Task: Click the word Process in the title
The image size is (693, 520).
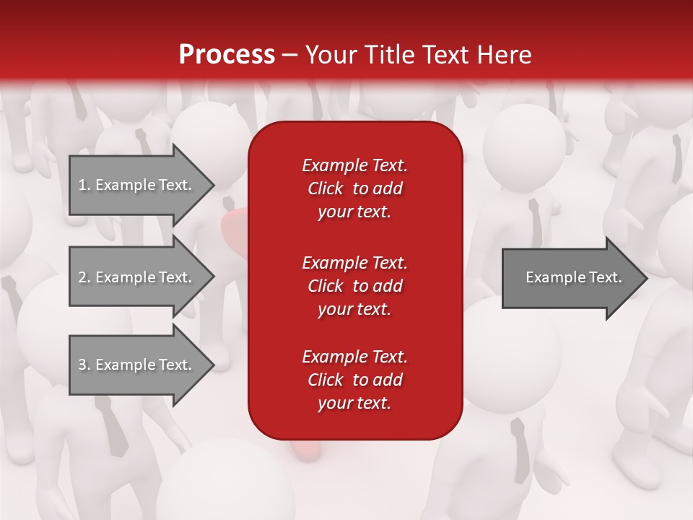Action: [227, 55]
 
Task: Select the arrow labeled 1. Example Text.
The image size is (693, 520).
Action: [137, 185]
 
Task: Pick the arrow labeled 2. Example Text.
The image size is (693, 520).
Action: [137, 277]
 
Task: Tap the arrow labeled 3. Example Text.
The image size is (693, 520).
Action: [137, 365]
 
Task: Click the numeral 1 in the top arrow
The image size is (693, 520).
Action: [82, 185]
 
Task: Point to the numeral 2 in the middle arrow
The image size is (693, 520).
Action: [82, 277]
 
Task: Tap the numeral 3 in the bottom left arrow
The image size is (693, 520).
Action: [82, 365]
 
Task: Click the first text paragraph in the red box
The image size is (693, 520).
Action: [354, 188]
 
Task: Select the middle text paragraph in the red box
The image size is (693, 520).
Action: [354, 285]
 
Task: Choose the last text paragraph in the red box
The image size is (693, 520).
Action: [354, 380]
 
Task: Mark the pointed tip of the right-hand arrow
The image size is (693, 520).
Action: [646, 278]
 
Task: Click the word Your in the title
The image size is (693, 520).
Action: [329, 55]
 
